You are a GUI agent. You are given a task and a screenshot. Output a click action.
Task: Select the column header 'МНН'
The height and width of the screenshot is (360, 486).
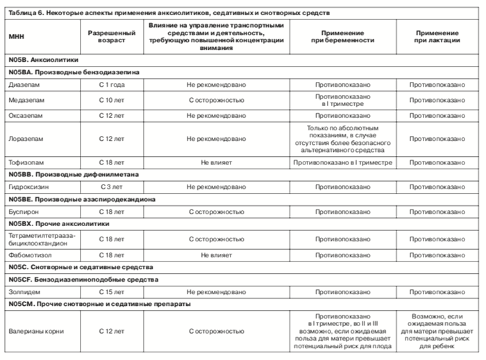click(x=16, y=36)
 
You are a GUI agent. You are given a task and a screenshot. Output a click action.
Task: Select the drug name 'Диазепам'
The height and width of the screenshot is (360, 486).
click(x=25, y=84)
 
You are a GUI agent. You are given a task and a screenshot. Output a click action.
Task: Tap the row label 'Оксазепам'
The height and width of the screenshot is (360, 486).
click(x=26, y=115)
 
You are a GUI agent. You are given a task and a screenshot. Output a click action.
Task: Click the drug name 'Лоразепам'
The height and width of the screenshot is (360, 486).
click(x=26, y=139)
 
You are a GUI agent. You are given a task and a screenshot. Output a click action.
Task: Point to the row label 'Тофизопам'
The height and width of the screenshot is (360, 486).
click(x=27, y=162)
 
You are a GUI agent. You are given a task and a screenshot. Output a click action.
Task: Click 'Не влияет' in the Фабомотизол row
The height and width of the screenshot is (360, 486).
click(x=216, y=255)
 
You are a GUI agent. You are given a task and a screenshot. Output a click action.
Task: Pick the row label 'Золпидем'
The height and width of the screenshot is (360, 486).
click(x=25, y=292)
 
